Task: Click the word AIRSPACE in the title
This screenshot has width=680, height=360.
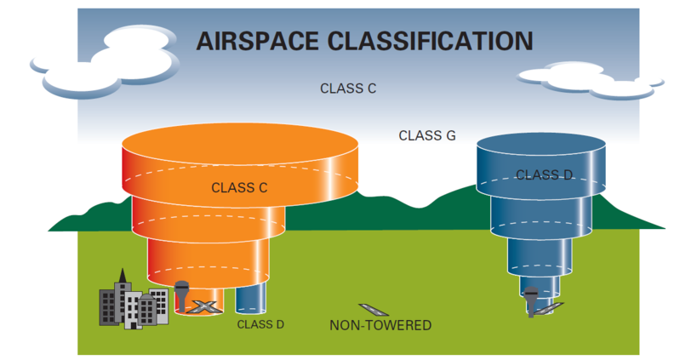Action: (258, 41)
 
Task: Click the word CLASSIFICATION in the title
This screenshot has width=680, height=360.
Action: (430, 41)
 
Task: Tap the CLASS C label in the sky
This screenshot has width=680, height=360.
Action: (348, 89)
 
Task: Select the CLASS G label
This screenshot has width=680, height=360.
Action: (426, 136)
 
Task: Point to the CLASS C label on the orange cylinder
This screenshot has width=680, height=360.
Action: (239, 188)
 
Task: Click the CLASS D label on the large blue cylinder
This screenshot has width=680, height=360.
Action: (545, 174)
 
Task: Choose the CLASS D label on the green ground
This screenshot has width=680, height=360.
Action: (260, 324)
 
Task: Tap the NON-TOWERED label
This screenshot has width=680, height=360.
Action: (380, 325)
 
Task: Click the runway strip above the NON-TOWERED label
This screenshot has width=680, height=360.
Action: (373, 309)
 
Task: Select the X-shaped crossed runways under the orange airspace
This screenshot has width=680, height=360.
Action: (203, 306)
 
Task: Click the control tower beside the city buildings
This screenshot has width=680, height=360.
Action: (181, 296)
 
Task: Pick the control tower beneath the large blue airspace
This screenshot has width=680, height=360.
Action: (531, 301)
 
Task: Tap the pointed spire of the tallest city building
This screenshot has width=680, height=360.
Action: (123, 276)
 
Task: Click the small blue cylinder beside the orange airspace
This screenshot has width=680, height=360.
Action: (251, 299)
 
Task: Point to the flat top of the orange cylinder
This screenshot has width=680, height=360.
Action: (240, 144)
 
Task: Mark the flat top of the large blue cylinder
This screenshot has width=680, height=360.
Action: (540, 146)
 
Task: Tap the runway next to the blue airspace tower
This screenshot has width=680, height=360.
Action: (549, 307)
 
